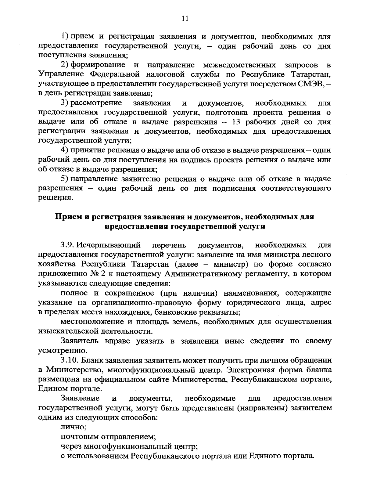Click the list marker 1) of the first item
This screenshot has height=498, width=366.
point(65,37)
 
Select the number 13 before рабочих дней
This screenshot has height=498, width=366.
point(238,122)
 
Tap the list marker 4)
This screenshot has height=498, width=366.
point(65,150)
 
